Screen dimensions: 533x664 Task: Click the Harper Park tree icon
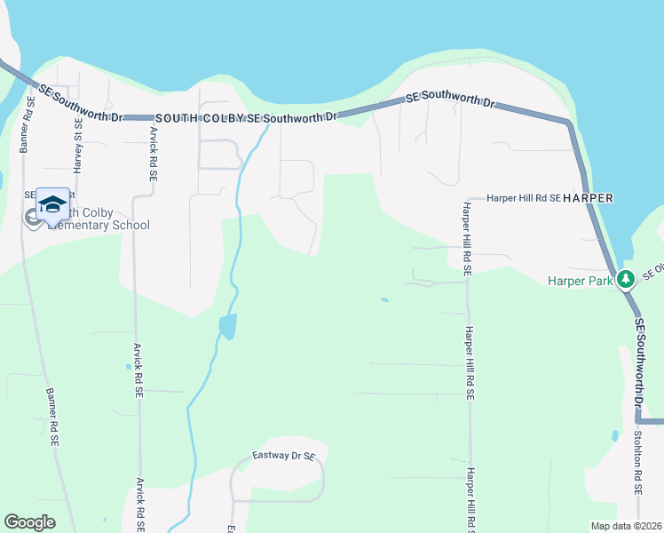[626, 278]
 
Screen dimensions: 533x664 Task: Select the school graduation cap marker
[52, 205]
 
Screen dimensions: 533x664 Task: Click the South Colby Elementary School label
[98, 219]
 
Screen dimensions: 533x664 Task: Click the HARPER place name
[589, 197]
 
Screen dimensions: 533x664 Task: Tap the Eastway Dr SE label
[284, 457]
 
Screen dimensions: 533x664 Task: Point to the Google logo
[30, 521]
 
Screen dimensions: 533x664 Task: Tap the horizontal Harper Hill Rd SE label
[524, 199]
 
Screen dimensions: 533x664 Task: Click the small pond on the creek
[227, 326]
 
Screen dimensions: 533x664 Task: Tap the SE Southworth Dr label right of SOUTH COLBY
[293, 116]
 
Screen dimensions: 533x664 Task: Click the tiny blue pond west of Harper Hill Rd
[383, 300]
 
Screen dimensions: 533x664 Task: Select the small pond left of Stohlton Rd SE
[614, 436]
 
